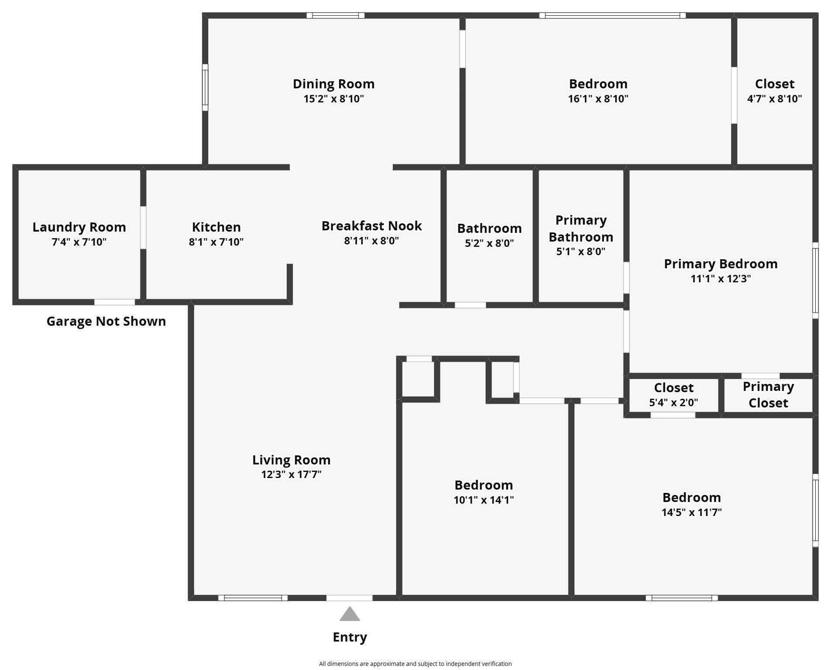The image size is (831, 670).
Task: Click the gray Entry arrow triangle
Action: (x=350, y=614)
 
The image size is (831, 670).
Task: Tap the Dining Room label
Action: (x=333, y=84)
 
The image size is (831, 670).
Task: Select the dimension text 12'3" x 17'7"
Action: (x=291, y=475)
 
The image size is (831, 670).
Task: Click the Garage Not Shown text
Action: (x=106, y=321)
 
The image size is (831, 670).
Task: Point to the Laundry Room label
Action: (x=79, y=227)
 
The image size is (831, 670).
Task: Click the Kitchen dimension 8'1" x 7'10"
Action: (x=216, y=242)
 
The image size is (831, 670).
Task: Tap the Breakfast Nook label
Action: (x=371, y=226)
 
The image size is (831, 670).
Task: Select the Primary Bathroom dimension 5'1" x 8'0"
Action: (x=580, y=252)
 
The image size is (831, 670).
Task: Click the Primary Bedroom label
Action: (x=721, y=264)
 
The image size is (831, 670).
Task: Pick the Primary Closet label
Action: (x=768, y=395)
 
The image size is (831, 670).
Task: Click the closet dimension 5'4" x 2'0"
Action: (x=673, y=403)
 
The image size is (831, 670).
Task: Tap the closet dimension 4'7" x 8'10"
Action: (x=774, y=99)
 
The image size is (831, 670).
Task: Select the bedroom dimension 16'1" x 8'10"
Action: (x=598, y=99)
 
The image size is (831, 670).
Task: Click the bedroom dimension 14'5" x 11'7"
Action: (x=691, y=513)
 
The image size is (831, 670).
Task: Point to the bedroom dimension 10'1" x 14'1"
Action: (x=484, y=500)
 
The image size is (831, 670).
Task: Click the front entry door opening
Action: (x=349, y=598)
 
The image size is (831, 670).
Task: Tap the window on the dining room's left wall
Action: (x=205, y=87)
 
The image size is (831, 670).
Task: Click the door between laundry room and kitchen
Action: (x=143, y=227)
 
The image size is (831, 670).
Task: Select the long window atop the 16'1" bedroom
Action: (x=612, y=16)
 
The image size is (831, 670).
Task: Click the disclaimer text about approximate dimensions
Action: (x=415, y=664)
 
